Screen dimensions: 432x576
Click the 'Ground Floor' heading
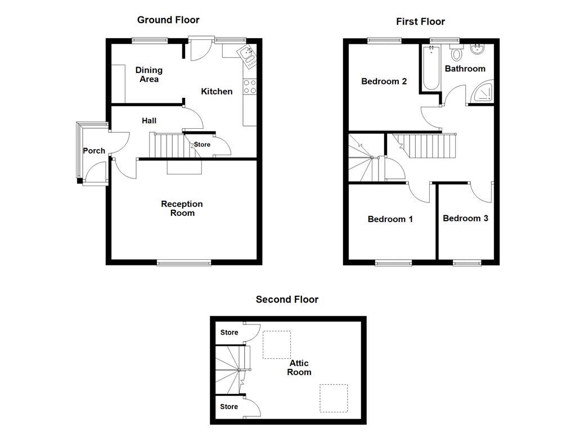[x=168, y=20]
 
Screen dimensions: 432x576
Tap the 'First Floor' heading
[x=420, y=22]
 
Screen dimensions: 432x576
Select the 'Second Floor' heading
[x=287, y=299]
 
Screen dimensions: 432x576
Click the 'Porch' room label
[x=94, y=151]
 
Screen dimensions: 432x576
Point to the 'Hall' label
[x=149, y=120]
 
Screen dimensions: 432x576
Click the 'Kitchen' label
[x=217, y=91]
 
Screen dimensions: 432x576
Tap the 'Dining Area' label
[x=149, y=74]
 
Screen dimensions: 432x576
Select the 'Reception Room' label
[x=182, y=208]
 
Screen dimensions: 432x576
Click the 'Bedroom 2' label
[x=384, y=82]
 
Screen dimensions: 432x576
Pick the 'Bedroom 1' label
[x=390, y=219]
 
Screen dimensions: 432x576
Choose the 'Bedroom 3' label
[x=465, y=218]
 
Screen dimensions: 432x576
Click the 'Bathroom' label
[x=465, y=69]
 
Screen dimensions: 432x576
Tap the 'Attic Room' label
[x=299, y=367]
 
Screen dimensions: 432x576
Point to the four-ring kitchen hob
[x=249, y=87]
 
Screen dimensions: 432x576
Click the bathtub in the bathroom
[x=431, y=69]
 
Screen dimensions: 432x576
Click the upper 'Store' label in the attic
[x=229, y=332]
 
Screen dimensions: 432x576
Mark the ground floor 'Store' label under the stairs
[x=202, y=145]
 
